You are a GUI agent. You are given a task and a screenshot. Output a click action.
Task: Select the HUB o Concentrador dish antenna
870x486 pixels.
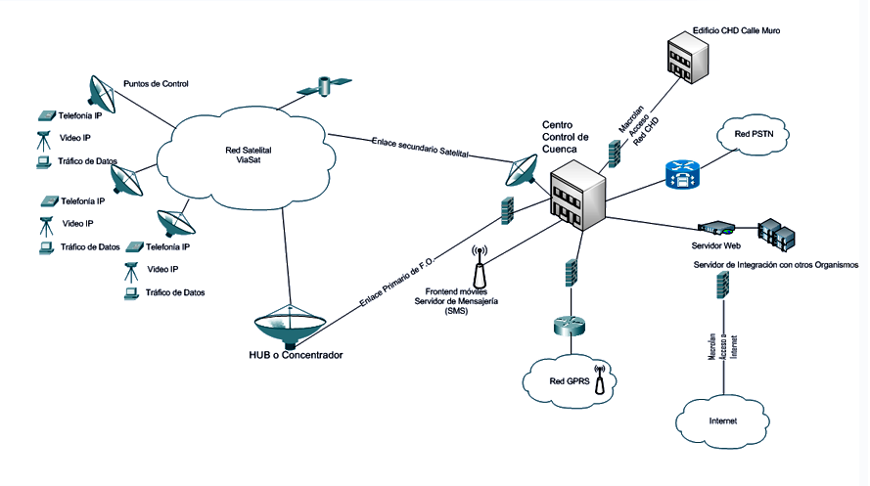pos(290,322)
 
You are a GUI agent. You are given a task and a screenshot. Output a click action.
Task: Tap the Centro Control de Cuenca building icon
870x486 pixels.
pos(577,195)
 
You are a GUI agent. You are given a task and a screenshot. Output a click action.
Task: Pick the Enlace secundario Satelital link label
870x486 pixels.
pos(421,147)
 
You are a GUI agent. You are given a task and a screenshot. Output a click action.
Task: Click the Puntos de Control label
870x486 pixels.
pos(156,84)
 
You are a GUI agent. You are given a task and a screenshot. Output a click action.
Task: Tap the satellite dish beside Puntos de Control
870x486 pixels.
pos(100,90)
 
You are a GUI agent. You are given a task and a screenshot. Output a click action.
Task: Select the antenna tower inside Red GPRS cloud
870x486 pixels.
pos(600,376)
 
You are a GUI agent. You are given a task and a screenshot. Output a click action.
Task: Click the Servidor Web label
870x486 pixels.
pos(716,246)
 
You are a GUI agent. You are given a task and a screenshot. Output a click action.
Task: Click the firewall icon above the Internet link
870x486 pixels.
pos(722,285)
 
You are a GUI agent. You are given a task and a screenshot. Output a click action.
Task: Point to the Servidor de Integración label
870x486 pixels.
pos(775,265)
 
